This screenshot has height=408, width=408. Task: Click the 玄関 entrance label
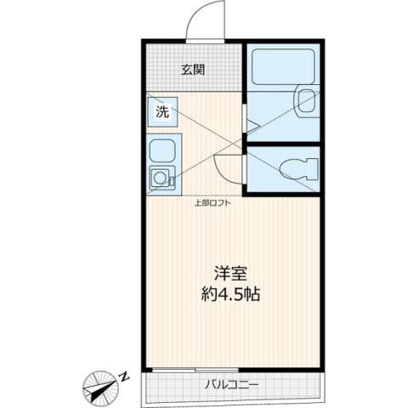click(192, 70)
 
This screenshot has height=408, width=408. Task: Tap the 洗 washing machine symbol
click(161, 110)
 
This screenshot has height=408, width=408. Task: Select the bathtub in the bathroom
click(282, 68)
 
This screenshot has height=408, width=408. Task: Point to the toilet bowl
click(295, 169)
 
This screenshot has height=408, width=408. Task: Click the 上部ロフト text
click(213, 202)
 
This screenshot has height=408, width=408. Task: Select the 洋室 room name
click(229, 274)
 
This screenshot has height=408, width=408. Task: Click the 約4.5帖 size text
click(229, 297)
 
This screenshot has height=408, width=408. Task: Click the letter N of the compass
click(124, 374)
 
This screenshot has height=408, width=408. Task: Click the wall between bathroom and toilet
click(282, 144)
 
